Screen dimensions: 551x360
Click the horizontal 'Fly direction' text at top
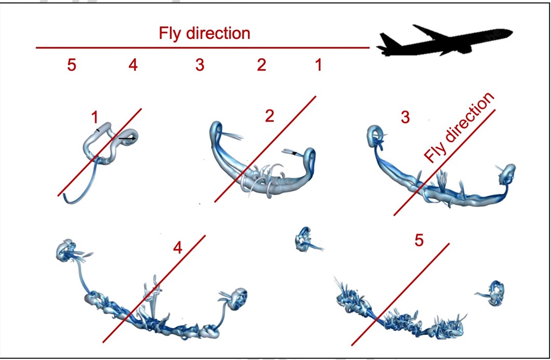coord(204,34)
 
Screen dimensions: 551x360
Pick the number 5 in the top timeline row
coord(71,65)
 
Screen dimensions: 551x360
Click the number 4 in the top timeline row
coord(133,65)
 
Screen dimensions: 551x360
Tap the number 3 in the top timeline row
coord(200,65)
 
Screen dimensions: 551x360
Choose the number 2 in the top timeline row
coord(261,65)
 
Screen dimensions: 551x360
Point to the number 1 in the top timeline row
coord(318,65)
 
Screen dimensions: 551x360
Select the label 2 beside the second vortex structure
coord(269,116)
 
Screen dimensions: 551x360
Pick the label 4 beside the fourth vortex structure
coord(178,248)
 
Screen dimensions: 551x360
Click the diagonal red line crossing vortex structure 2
coord(265,149)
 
